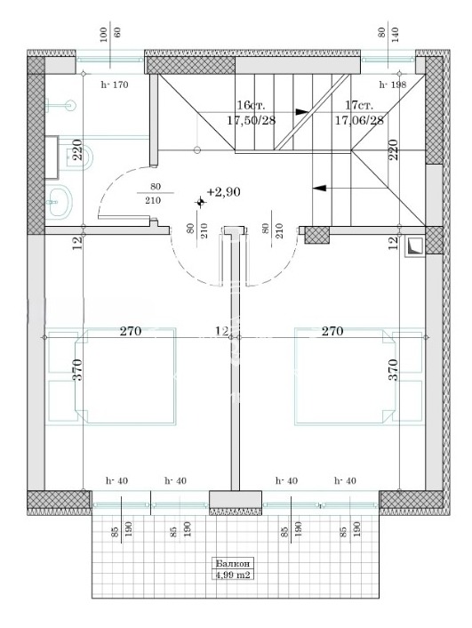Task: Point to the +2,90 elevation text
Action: [x=224, y=192]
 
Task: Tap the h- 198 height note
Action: [x=392, y=85]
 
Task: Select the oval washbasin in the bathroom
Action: [x=61, y=202]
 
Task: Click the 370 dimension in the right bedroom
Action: [x=393, y=370]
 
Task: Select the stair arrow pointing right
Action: [x=302, y=112]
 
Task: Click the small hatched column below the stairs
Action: [x=316, y=234]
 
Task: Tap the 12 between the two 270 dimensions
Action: [x=221, y=332]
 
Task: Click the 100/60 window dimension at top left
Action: [x=110, y=35]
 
